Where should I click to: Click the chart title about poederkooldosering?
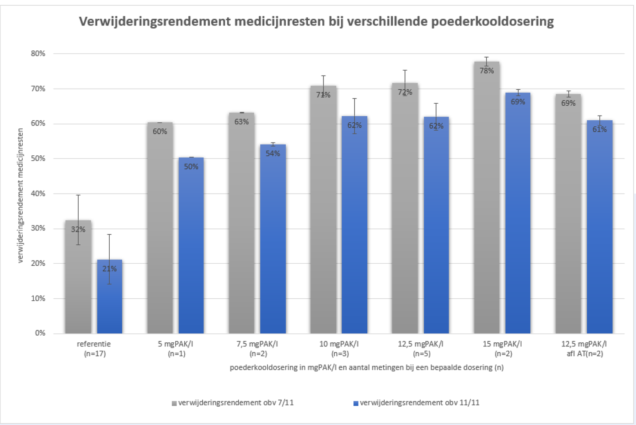(x=316, y=21)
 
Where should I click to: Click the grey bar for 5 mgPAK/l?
(x=160, y=238)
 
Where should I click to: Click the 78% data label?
(x=487, y=71)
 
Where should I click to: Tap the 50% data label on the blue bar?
(x=191, y=167)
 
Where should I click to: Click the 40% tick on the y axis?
(x=38, y=193)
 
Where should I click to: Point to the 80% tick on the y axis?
(x=38, y=54)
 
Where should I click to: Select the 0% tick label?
(x=40, y=333)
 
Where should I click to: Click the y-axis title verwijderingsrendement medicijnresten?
(x=21, y=195)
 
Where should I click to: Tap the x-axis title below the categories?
(x=366, y=367)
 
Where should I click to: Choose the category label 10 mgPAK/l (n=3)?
(x=339, y=349)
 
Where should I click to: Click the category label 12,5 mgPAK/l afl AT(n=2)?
(x=584, y=349)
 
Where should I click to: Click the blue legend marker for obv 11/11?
(x=356, y=404)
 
